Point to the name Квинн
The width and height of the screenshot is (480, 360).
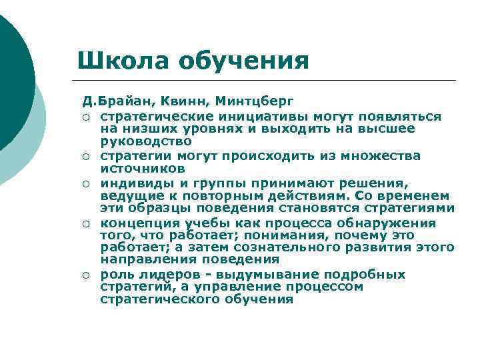[x=186, y=103]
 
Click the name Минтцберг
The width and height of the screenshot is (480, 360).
[x=254, y=103]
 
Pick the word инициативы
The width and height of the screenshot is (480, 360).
[x=233, y=117]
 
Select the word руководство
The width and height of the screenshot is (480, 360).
[x=145, y=141]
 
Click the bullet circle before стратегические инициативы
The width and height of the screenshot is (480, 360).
[x=87, y=117]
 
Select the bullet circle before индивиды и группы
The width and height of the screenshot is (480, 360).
[x=87, y=183]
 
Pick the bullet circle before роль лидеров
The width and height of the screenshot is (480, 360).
[x=87, y=275]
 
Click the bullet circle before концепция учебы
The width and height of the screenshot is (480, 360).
[x=87, y=223]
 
